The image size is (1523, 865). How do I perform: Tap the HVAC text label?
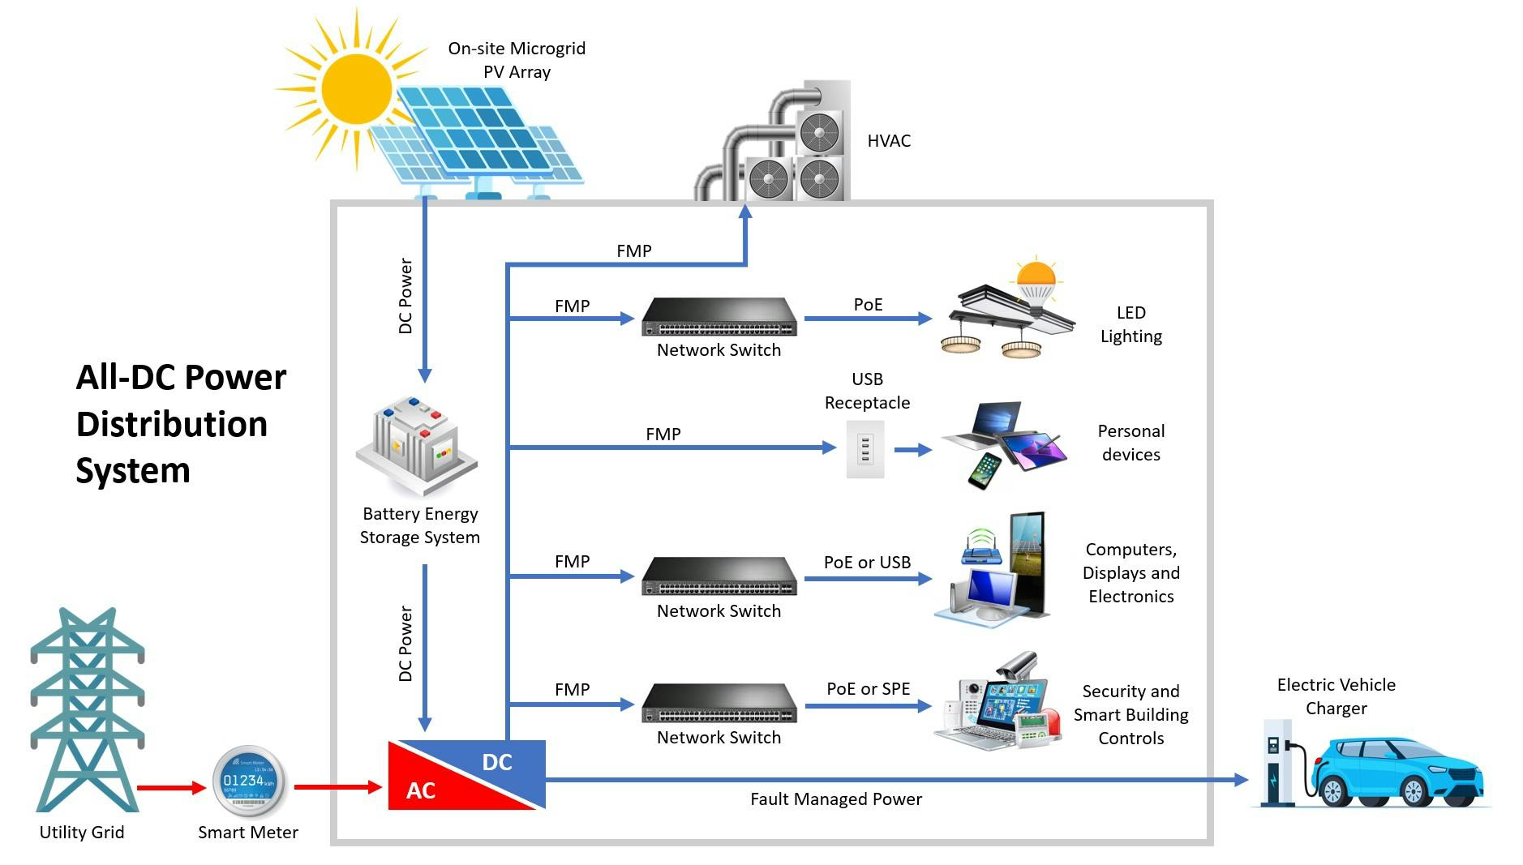point(889,141)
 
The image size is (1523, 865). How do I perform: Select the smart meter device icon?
point(248,781)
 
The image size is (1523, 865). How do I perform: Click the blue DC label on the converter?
point(497,762)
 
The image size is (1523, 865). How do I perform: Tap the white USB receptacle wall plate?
point(865,448)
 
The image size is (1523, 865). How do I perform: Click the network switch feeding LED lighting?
point(719,317)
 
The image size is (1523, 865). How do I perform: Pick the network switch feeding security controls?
point(719,703)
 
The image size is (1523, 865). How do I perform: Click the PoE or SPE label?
point(868,689)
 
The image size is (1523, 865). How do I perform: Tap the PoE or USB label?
point(867,562)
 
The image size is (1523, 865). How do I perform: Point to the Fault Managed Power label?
point(835,799)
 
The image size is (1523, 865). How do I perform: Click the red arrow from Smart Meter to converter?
point(337,786)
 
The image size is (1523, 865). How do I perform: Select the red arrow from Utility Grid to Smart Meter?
point(171,787)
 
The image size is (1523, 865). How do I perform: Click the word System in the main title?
point(133,471)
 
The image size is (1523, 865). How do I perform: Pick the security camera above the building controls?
point(1018,666)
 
